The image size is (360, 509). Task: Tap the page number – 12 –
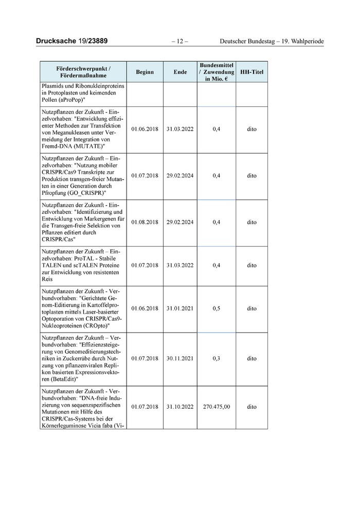[x=180, y=41]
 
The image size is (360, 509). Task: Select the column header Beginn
[x=145, y=72]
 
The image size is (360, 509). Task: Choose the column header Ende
[x=180, y=72]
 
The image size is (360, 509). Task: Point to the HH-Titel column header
[x=251, y=72]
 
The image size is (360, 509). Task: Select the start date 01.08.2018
[x=145, y=223]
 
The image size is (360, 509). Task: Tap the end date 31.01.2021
[x=180, y=308]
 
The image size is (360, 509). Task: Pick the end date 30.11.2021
[x=180, y=358]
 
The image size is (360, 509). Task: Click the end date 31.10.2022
[x=180, y=407]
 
